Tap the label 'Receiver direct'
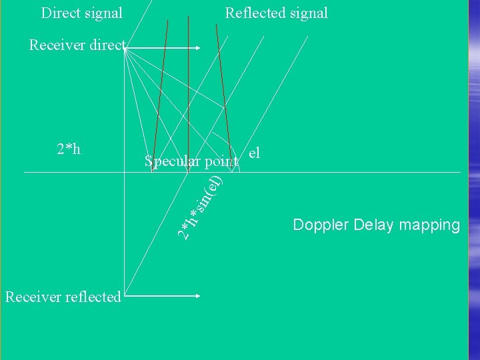point(77,45)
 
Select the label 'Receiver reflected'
point(63,297)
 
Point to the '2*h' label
point(69,149)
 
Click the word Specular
point(172,161)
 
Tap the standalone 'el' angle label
point(253,153)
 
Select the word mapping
point(431,225)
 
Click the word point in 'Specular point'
point(221,161)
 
